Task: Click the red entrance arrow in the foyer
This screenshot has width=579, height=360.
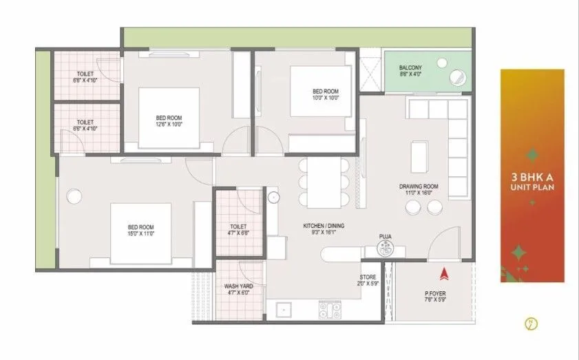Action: (443, 273)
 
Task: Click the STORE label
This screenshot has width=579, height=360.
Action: (368, 276)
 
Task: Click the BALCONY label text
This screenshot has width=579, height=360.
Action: (411, 67)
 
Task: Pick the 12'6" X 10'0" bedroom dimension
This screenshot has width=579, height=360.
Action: (169, 125)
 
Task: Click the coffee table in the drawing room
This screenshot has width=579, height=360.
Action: (419, 157)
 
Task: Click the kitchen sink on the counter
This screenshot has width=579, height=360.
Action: (282, 310)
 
